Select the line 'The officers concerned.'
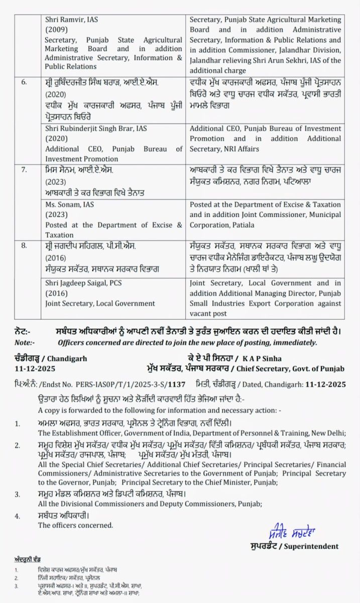[76, 525]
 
